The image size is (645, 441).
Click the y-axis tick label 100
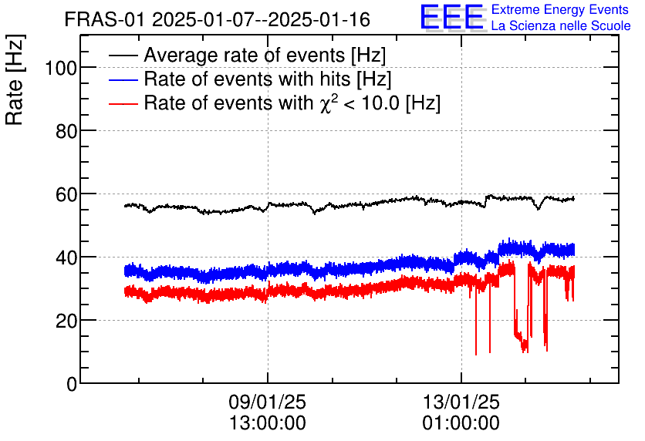coord(60,68)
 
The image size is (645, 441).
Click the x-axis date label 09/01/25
coord(267,402)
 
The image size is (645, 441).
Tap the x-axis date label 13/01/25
coord(461,402)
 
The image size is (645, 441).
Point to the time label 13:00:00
coord(267,423)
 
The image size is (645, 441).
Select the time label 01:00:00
coord(461,423)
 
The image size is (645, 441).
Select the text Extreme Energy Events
coord(560,10)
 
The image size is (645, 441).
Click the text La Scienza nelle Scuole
coord(561,26)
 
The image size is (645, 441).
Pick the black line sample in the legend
coord(123,56)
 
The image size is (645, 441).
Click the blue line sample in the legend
coord(123,79)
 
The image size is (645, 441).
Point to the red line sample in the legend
coord(123,103)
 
